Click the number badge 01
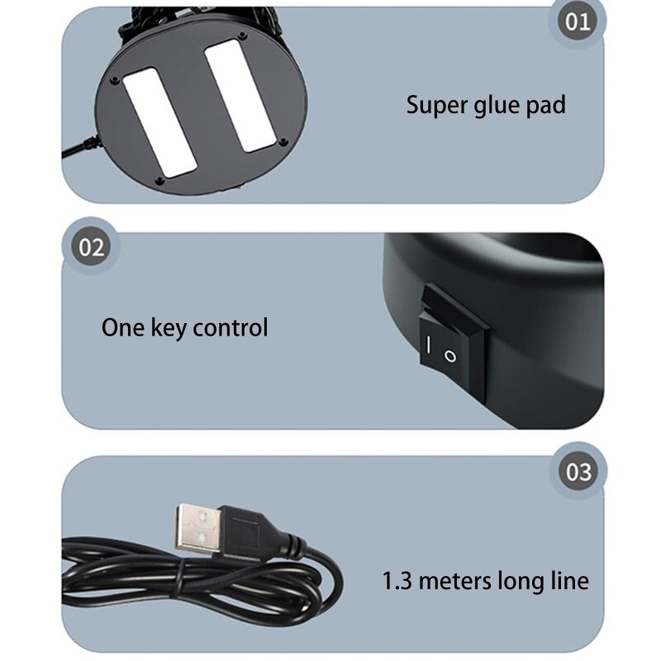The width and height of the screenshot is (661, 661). (x=578, y=21)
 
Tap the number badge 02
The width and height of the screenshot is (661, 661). (x=91, y=247)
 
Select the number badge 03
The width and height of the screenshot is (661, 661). (x=578, y=471)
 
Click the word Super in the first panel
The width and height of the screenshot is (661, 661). (x=437, y=106)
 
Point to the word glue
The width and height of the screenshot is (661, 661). (x=497, y=106)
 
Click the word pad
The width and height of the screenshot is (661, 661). (x=545, y=106)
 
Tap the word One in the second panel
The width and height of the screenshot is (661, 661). (x=123, y=327)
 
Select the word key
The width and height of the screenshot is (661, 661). (x=169, y=329)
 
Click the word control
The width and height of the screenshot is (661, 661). (x=231, y=327)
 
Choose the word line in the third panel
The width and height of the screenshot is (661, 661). (x=570, y=580)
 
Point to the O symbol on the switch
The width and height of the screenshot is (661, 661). (x=450, y=357)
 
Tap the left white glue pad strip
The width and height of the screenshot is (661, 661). (x=160, y=122)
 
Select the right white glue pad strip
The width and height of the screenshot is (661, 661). (x=240, y=96)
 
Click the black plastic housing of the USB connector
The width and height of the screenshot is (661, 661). (x=245, y=532)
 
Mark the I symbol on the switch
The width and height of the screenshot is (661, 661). (x=428, y=345)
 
